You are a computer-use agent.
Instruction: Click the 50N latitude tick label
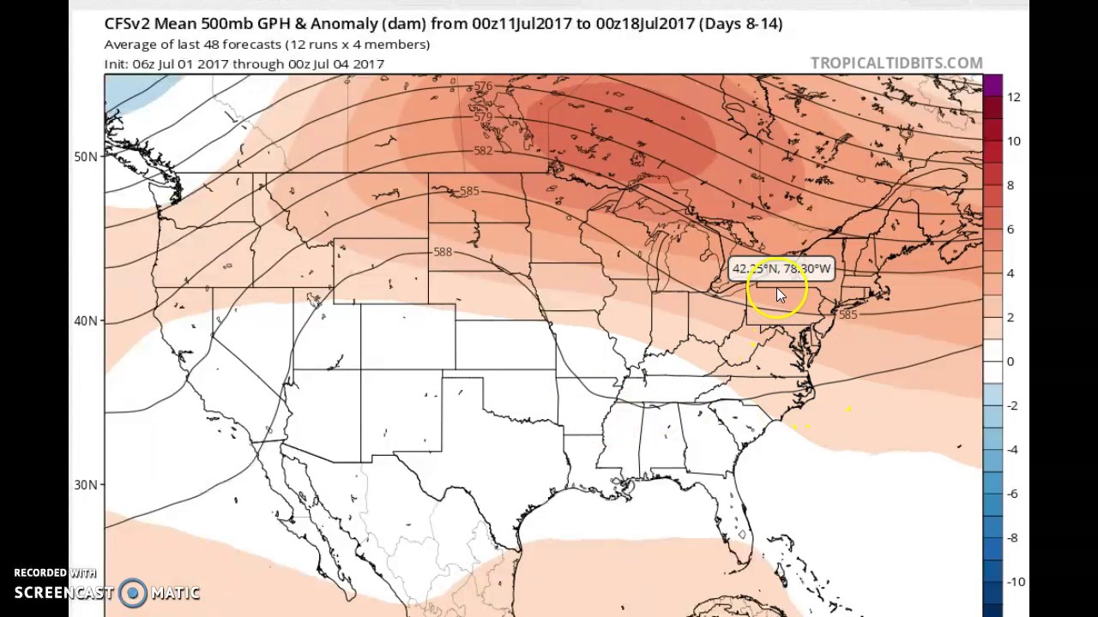coord(86,157)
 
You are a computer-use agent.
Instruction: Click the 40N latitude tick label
coord(86,320)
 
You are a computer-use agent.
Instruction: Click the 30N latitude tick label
coord(86,485)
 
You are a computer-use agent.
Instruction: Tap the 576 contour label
coord(483,87)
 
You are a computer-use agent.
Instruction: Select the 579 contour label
coord(483,117)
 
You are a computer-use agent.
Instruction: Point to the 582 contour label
coord(483,150)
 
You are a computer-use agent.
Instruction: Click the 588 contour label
coord(443,252)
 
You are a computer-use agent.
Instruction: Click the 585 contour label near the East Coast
coord(848,314)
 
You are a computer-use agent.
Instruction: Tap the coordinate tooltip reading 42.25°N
coord(781,269)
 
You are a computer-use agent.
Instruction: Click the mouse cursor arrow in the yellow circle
coord(780,295)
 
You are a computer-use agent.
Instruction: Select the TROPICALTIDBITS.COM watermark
coord(896,63)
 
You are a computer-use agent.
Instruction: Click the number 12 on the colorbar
coord(1014,97)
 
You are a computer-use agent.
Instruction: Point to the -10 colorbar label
coord(1015,582)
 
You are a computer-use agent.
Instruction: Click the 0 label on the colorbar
coord(1011,361)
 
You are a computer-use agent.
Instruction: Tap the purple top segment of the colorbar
coord(992,85)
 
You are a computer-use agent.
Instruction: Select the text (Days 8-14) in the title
coord(740,24)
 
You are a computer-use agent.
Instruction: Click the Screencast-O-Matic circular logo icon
coord(133,592)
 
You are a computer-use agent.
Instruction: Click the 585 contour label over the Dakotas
coord(468,191)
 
